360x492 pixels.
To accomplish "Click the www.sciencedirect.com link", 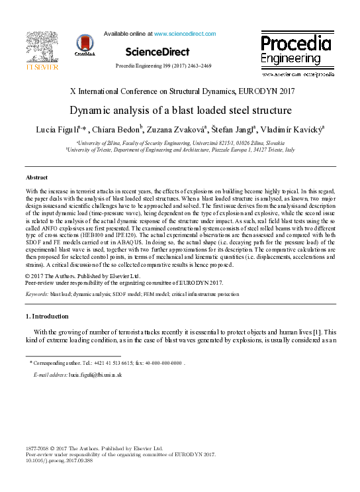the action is click(185, 33).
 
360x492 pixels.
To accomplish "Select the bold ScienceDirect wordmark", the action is click(157, 52).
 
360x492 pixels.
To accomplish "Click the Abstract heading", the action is click(36, 178).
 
